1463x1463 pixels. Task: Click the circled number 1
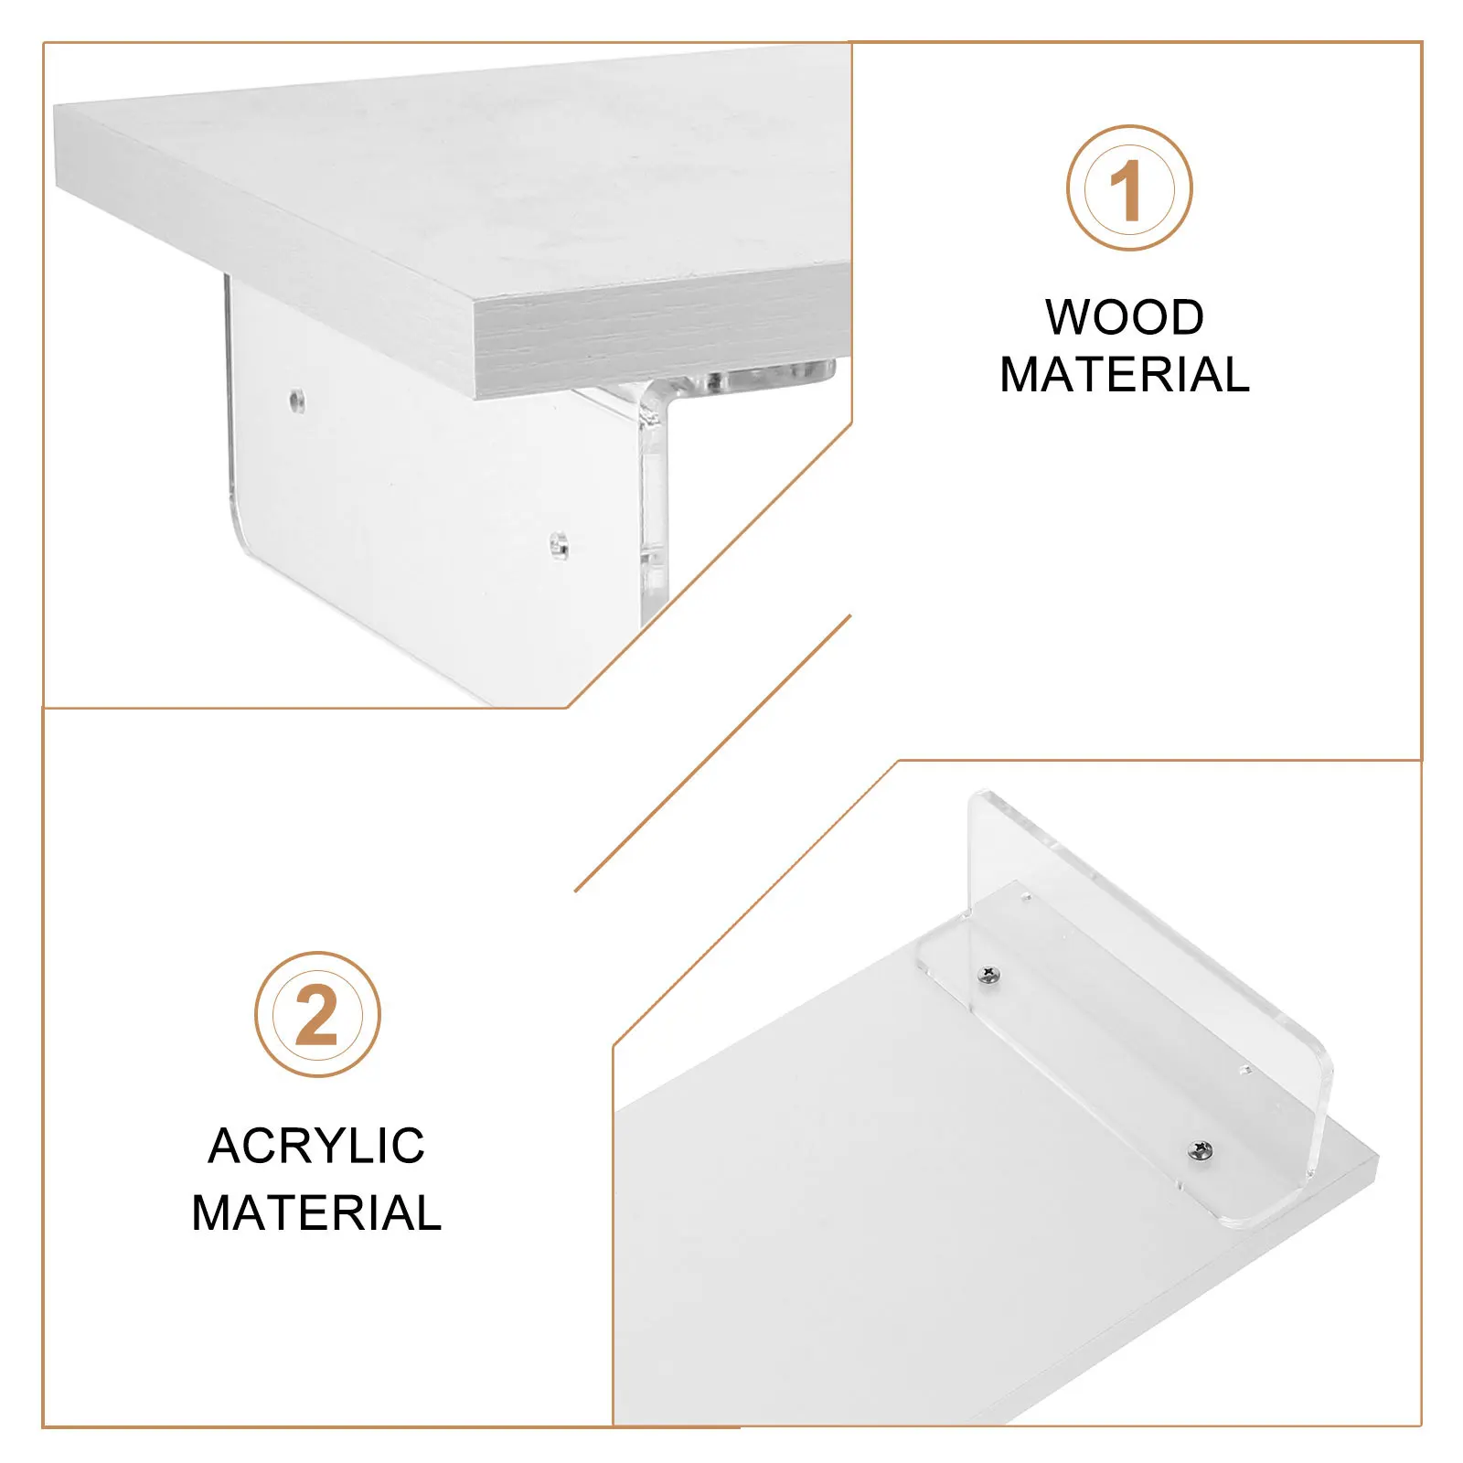pos(1129,188)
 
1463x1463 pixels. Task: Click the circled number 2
pos(317,1015)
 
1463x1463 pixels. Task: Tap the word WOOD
pos(1124,317)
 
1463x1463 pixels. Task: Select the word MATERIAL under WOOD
pos(1124,375)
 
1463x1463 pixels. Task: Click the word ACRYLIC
pos(316,1146)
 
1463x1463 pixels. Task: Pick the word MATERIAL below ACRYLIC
pos(316,1213)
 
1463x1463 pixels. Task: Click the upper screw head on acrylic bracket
pos(988,976)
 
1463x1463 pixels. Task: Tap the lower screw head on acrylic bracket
pos(1201,1151)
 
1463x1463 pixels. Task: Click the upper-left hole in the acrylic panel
pos(296,400)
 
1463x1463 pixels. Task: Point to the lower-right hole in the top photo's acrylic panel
pos(559,546)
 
